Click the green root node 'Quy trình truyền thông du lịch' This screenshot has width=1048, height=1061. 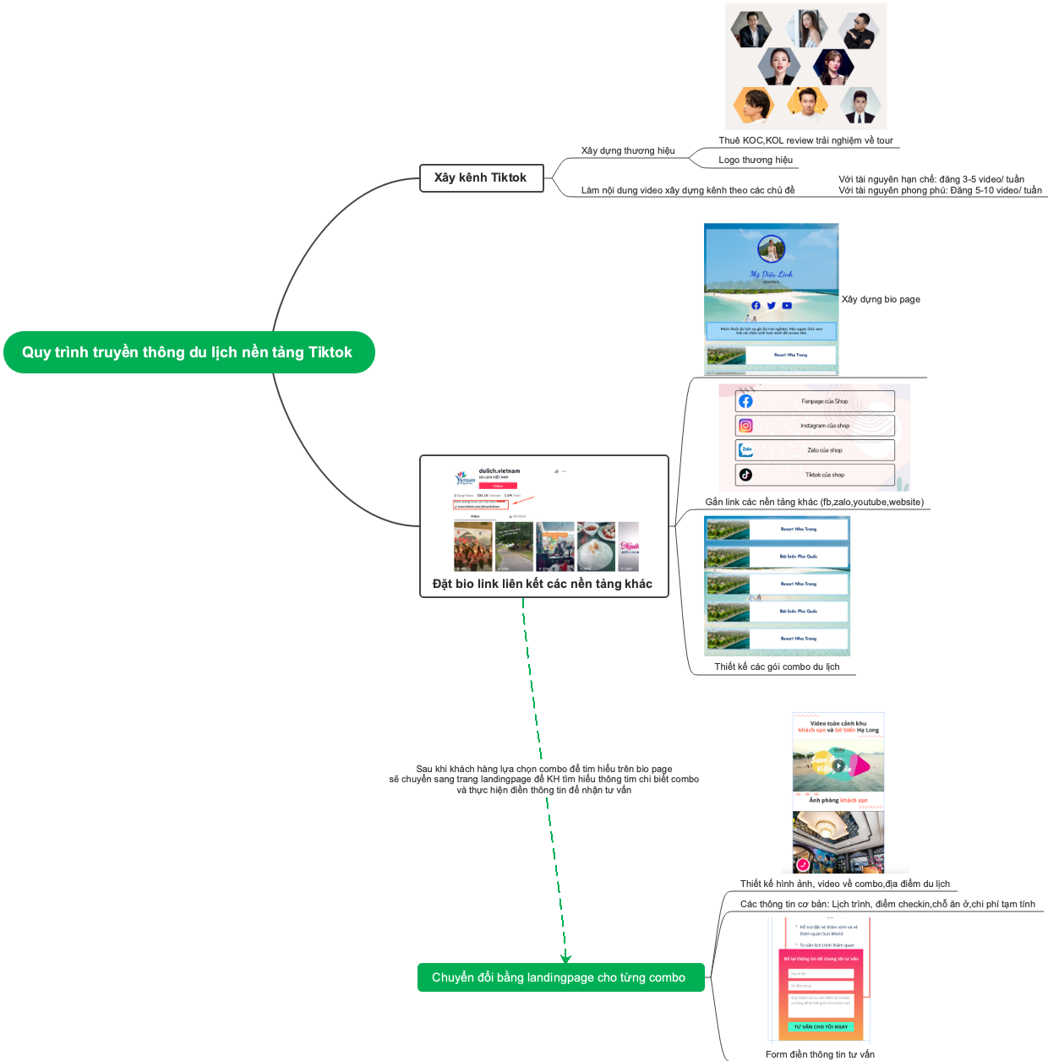[188, 352]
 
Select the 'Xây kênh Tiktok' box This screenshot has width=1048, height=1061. [481, 178]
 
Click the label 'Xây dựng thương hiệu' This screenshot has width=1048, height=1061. [628, 151]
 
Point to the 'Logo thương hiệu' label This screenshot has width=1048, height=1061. [756, 160]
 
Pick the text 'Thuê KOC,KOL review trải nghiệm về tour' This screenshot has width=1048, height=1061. [805, 140]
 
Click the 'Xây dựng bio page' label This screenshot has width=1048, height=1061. [881, 299]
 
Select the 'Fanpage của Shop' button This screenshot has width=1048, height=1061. [815, 401]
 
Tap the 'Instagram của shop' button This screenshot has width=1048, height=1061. [815, 426]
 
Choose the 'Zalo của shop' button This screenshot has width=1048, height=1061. [815, 450]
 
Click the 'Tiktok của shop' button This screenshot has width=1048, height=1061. [815, 475]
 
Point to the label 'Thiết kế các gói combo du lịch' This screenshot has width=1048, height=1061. [777, 667]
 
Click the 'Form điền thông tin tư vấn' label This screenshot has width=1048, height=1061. [820, 1054]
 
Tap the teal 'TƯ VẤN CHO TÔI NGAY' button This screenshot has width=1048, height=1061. [821, 1026]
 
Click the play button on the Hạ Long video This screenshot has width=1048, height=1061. [838, 766]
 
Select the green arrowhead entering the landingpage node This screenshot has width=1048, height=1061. [565, 958]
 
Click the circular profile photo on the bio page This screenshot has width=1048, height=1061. [771, 249]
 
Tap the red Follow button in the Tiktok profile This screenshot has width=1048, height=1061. [498, 486]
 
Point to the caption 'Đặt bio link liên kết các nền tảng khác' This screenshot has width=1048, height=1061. [543, 584]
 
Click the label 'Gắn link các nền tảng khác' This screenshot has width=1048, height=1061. [814, 502]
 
